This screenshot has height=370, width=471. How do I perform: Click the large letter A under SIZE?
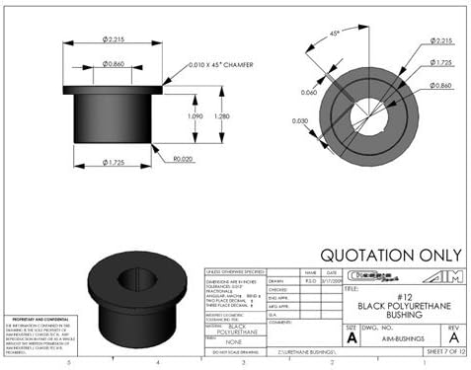tap(351, 337)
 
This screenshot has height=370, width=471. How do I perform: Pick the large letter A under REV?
tap(452, 337)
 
